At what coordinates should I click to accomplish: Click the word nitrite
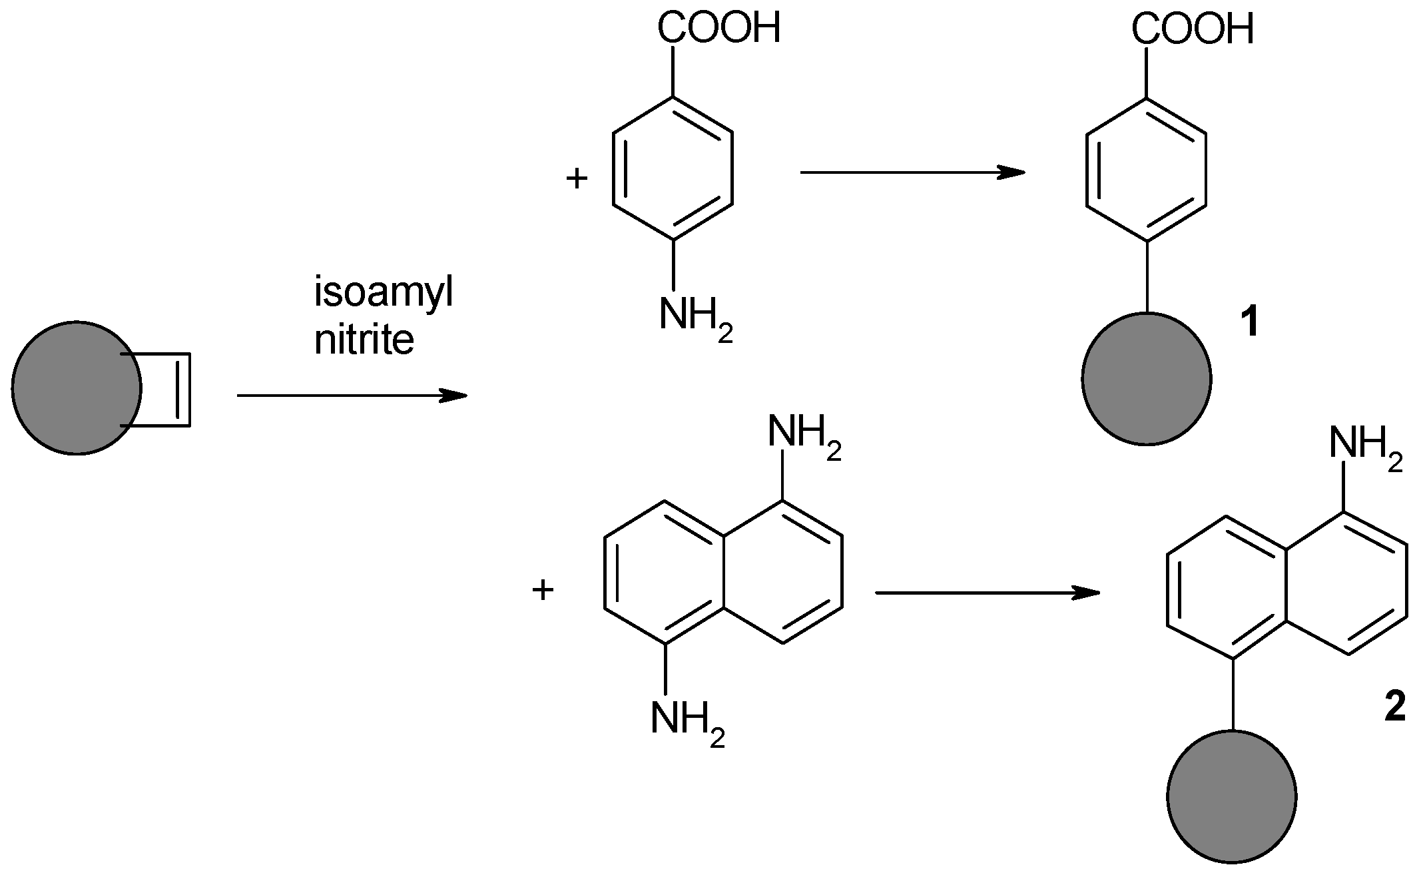point(364,340)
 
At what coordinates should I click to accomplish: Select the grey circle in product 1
point(1146,379)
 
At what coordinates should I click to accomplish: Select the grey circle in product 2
point(1231,796)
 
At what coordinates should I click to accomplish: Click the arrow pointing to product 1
point(912,172)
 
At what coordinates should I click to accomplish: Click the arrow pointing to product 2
point(986,593)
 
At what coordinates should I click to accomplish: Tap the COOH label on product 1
point(1192,29)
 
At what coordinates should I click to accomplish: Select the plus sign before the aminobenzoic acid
point(577,178)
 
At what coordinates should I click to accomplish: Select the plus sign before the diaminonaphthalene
point(543,590)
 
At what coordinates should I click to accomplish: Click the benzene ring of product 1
point(1146,169)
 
